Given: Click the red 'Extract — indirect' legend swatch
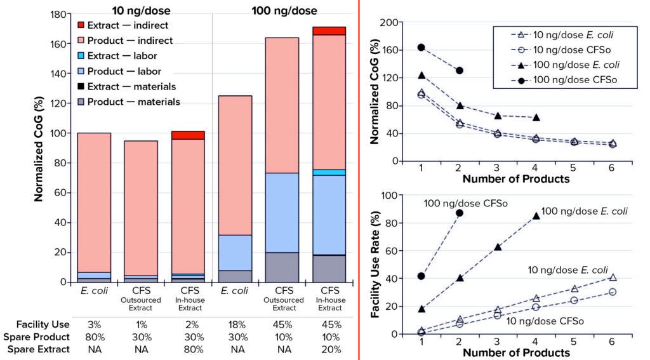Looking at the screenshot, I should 81,25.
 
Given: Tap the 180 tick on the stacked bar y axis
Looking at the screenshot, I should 59,15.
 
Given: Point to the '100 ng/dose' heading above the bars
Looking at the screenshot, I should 286,11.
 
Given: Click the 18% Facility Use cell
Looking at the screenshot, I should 234,324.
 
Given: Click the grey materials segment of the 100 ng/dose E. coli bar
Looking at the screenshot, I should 235,276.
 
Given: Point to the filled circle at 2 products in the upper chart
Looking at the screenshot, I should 460,70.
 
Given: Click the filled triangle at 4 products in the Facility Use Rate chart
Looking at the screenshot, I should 536,216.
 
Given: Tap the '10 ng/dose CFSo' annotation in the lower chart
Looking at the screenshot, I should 544,321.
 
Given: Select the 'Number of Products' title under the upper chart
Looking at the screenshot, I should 516,179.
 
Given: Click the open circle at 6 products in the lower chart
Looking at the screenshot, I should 613,292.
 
